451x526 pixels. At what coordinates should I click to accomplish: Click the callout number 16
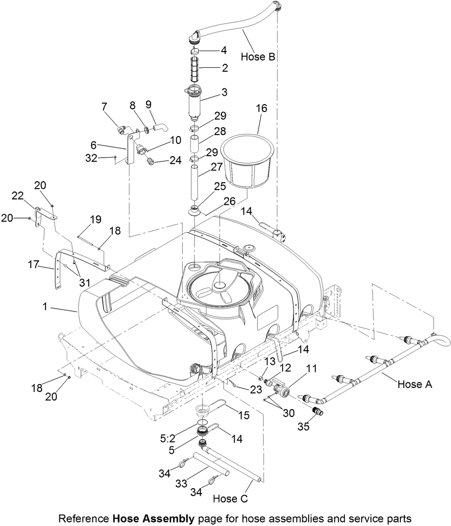(x=261, y=109)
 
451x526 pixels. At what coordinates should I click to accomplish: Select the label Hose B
(x=258, y=57)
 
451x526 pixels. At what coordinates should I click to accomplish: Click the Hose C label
(x=231, y=498)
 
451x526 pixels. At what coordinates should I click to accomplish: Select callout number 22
(x=18, y=196)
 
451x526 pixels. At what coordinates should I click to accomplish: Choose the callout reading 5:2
(x=181, y=432)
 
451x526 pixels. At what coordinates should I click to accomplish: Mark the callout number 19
(x=95, y=219)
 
